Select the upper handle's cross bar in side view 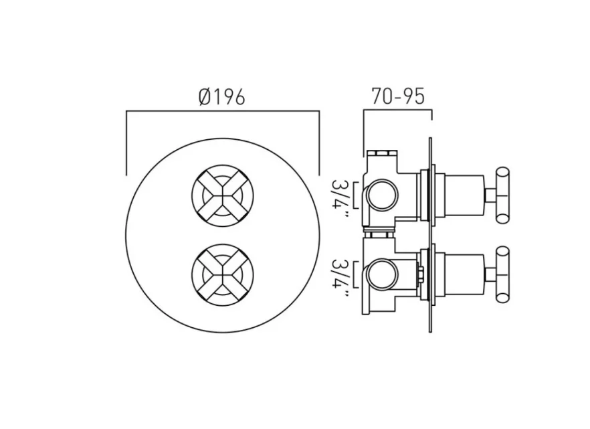(502, 194)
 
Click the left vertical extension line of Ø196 (126, 144)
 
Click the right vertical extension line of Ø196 (319, 144)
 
